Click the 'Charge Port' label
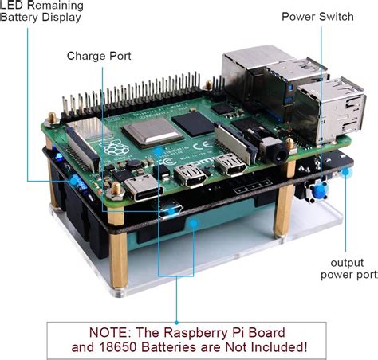point(99,56)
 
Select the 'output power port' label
point(347,268)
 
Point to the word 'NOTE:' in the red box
point(97,331)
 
